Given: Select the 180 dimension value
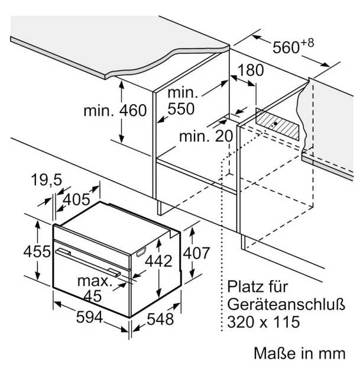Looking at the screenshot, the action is (x=250, y=70).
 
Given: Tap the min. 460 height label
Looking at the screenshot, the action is (x=115, y=111).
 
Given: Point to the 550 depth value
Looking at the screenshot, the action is (x=181, y=109).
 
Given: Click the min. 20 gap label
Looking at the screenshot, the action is (x=206, y=136).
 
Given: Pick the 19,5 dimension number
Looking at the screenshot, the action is (x=47, y=180).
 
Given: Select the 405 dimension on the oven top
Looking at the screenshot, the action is (x=76, y=200).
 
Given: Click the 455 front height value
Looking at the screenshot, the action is (x=37, y=252).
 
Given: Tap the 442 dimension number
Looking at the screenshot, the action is (x=158, y=261).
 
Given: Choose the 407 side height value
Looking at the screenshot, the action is (x=196, y=253).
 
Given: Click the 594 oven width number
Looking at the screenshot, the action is (x=90, y=317).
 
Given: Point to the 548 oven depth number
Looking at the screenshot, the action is (x=160, y=319).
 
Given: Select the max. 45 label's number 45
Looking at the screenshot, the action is (x=92, y=296).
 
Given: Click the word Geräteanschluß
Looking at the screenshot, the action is (x=286, y=304).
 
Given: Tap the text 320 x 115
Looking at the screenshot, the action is (x=264, y=322).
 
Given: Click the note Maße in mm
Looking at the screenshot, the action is (x=300, y=353).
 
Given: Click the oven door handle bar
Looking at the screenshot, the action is (x=88, y=262).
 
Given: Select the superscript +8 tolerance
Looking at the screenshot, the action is (x=307, y=43).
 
